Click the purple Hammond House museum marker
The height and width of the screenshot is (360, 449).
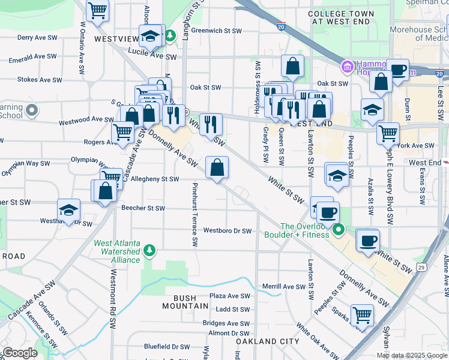[x=346, y=65]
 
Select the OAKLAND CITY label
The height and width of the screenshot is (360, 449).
[x=267, y=341]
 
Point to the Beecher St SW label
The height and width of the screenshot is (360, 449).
[x=143, y=208]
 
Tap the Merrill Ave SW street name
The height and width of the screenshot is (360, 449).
[x=285, y=287]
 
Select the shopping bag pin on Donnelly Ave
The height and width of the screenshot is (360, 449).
[x=217, y=168]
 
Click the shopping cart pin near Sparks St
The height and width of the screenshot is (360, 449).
[x=362, y=314]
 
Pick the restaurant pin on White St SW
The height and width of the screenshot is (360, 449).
[x=210, y=125]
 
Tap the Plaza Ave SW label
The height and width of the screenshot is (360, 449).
[x=229, y=296]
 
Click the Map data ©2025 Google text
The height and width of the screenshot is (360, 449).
[x=411, y=355]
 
